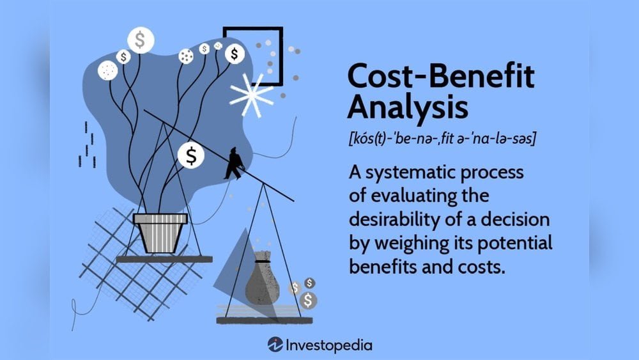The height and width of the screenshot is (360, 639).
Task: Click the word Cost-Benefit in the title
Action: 442,77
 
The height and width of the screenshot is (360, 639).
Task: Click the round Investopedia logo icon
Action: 275,345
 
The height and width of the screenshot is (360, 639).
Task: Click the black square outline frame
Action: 252,56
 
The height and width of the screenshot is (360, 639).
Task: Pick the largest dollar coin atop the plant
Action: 141,40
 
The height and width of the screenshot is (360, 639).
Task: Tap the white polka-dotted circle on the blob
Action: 107,70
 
